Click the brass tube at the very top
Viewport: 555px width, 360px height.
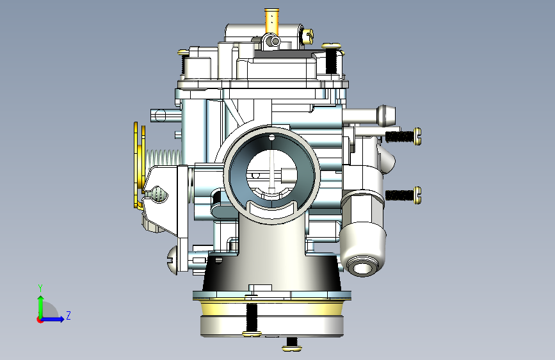(271, 21)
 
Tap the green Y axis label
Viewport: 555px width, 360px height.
(40, 288)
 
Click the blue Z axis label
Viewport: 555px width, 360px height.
(68, 315)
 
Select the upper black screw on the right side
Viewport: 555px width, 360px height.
(403, 136)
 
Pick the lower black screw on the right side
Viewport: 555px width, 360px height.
(403, 195)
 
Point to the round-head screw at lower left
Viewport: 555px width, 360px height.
(172, 261)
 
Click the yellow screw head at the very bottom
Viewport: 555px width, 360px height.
(292, 348)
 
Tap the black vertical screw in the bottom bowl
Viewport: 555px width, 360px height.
(252, 317)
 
